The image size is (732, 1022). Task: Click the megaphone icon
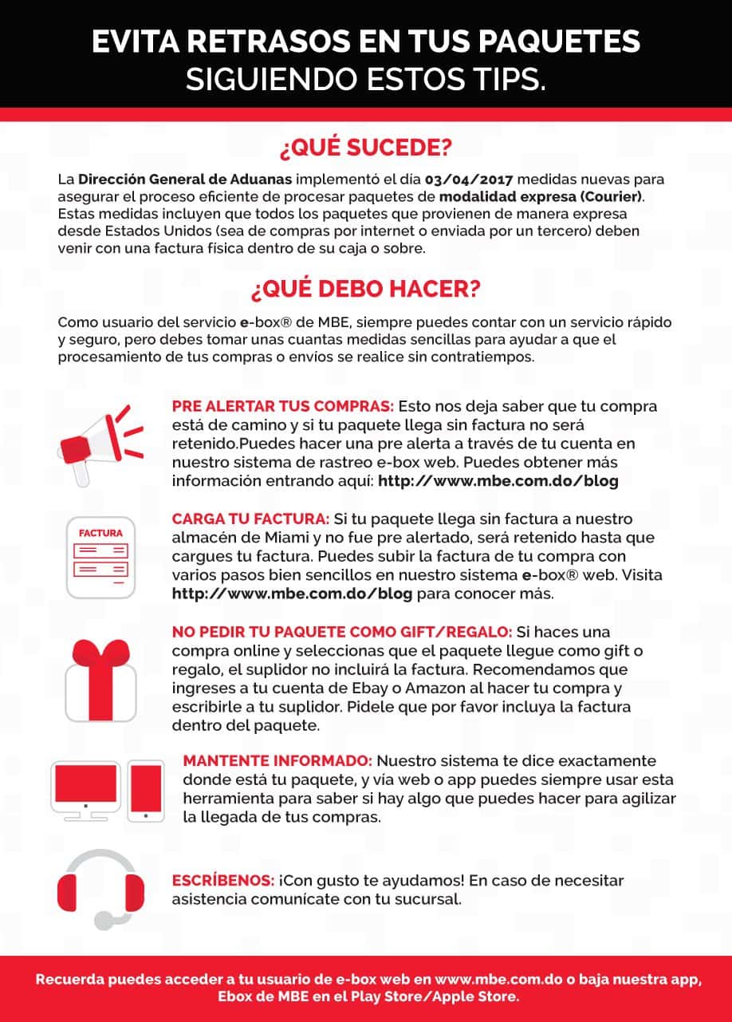point(100,444)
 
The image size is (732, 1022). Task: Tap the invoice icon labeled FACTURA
point(100,555)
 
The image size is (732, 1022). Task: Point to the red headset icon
point(101,888)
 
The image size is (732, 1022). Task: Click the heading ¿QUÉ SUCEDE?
point(365,148)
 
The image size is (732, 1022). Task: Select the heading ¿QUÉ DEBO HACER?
point(365,289)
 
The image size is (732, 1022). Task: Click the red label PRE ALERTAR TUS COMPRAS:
point(282,406)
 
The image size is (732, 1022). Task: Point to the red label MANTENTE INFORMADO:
point(277,761)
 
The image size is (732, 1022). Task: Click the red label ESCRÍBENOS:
point(223,881)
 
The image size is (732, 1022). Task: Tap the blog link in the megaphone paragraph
point(498,481)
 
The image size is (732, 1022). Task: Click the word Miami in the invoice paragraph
point(255,539)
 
